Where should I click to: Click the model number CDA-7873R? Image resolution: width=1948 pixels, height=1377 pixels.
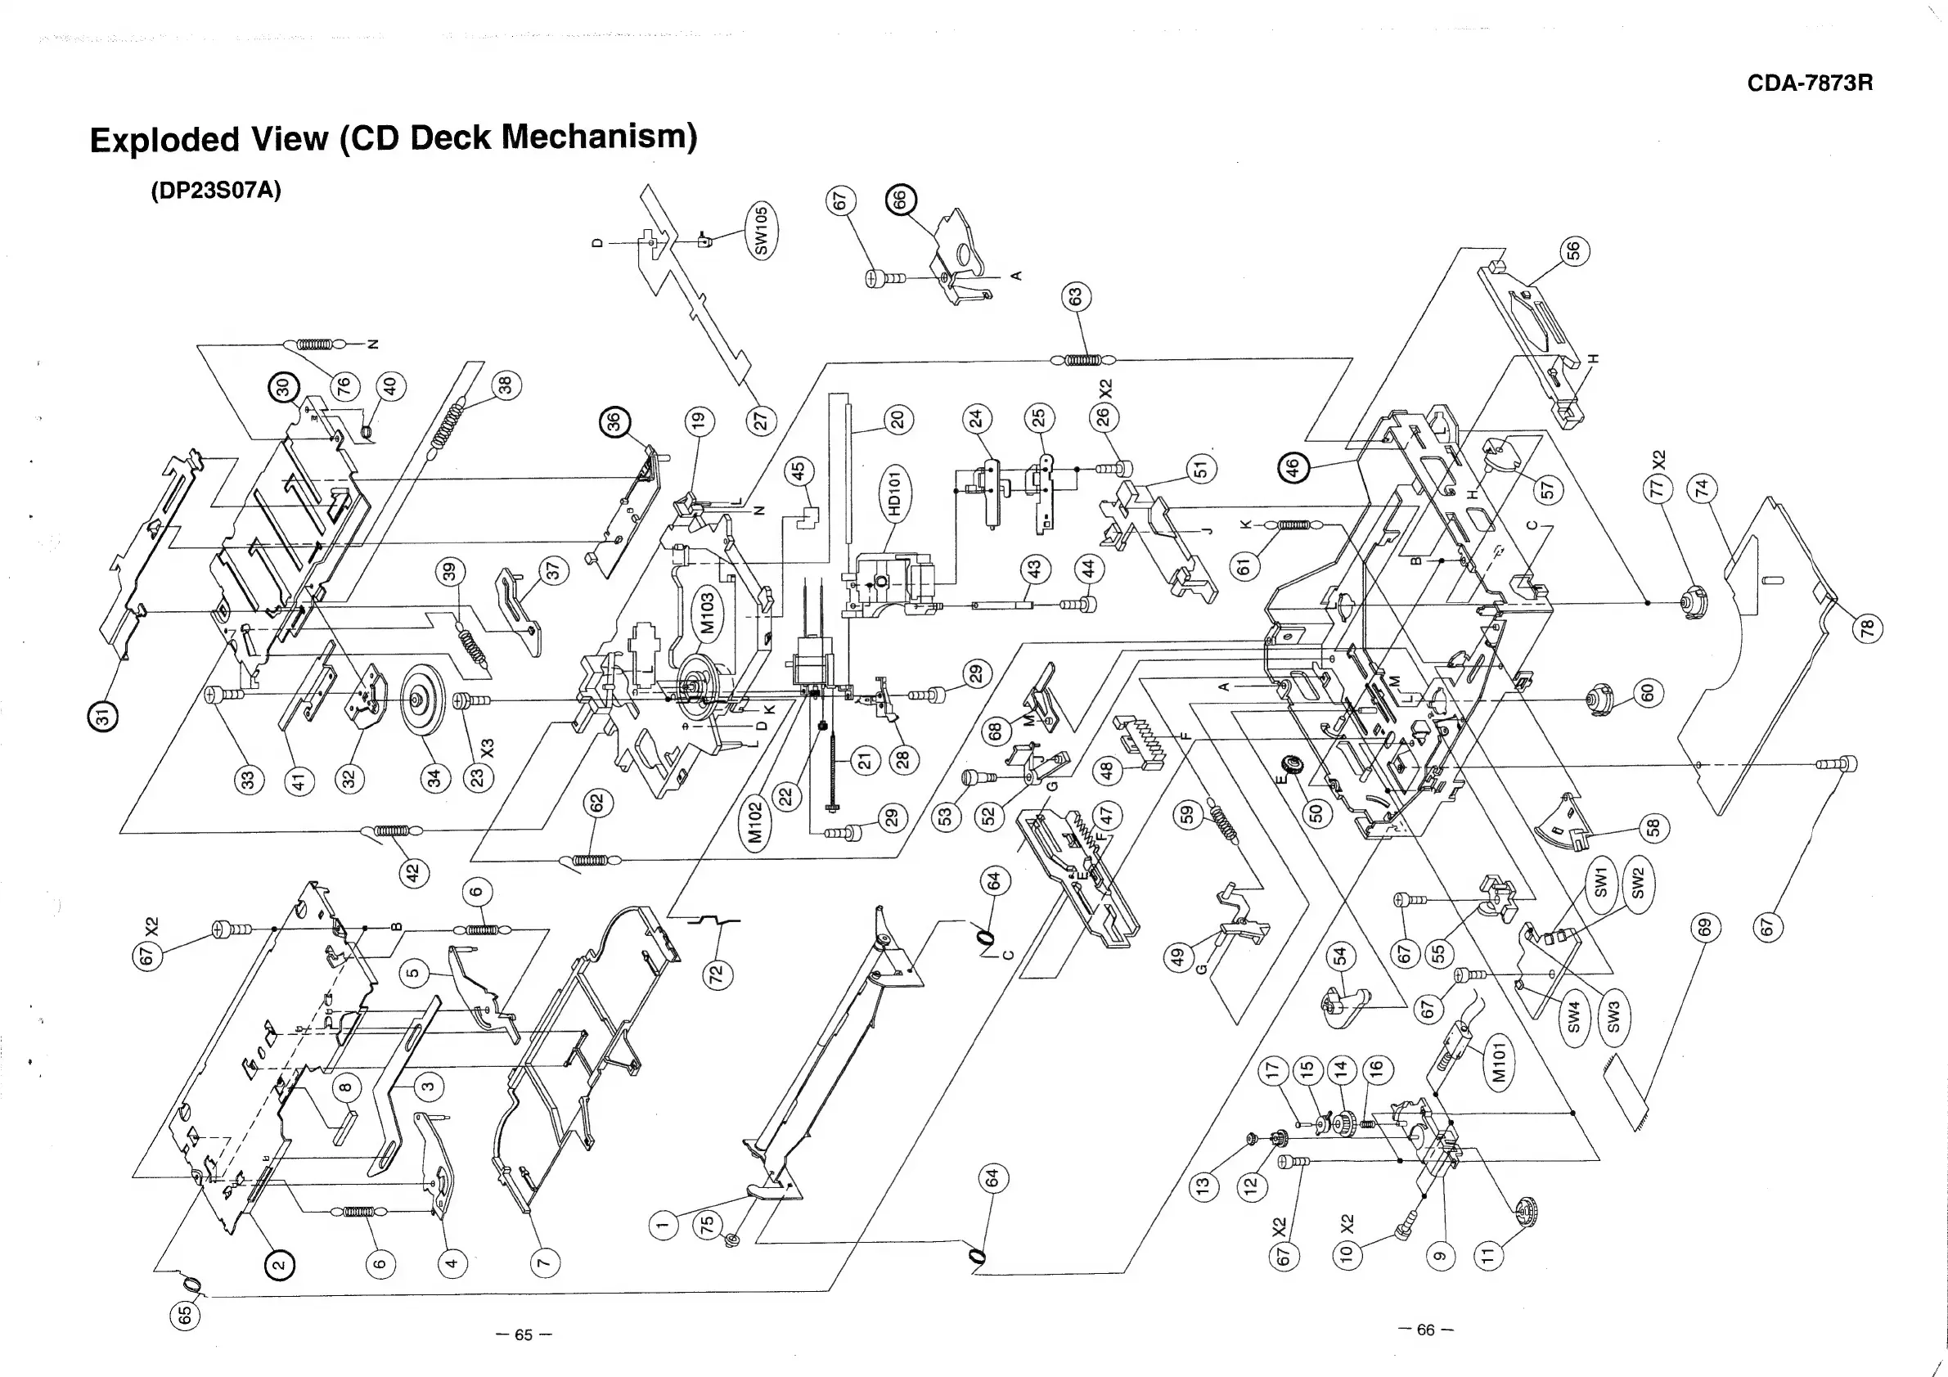coord(1810,83)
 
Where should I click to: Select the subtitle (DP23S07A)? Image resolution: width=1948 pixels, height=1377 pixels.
coord(215,189)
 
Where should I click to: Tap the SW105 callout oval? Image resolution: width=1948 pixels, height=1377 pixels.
coord(761,230)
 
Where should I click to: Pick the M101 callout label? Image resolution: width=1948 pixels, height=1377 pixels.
coord(1498,1063)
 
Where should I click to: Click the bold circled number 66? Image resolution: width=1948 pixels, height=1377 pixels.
coord(900,200)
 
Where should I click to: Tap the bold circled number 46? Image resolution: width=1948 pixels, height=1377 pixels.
coord(1292,467)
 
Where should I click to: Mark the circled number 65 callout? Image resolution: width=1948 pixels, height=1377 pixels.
coord(185,1314)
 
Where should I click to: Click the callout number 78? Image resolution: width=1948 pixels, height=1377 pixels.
coord(1866,628)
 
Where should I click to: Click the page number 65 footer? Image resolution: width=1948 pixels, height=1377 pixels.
coord(524,1334)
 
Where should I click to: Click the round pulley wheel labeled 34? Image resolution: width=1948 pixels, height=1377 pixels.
coord(421,700)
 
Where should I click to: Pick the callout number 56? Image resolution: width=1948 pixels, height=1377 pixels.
coord(1574,251)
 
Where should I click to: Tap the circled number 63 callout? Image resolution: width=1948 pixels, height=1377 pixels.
coord(1076,298)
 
